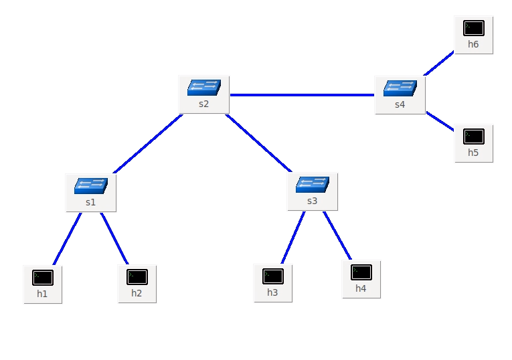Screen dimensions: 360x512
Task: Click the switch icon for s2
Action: pyautogui.click(x=204, y=87)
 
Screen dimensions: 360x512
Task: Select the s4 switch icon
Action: pyautogui.click(x=400, y=88)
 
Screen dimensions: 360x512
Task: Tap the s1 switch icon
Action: pyautogui.click(x=91, y=185)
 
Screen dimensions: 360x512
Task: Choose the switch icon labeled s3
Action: pyautogui.click(x=313, y=184)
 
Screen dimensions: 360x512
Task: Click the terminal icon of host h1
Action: pyautogui.click(x=43, y=277)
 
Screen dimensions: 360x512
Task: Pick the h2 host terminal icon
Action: pyautogui.click(x=137, y=277)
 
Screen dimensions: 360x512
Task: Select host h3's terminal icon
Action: pyautogui.click(x=272, y=276)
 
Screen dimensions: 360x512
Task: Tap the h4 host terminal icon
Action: pyautogui.click(x=361, y=272)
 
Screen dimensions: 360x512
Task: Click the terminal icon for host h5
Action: pyautogui.click(x=474, y=137)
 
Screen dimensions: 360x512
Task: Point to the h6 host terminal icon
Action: pyautogui.click(x=474, y=28)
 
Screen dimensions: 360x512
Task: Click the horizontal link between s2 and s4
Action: pyautogui.click(x=301, y=95)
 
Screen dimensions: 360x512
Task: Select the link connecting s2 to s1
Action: pyautogui.click(x=148, y=144)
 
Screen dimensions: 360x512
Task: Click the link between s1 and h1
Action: pyautogui.click(x=67, y=239)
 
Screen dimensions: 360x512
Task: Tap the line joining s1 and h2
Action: pyautogui.click(x=114, y=239)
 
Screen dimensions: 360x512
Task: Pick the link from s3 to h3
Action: pyautogui.click(x=293, y=238)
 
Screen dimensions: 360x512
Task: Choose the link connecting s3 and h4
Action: pyautogui.click(x=337, y=236)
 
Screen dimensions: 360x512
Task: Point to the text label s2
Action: pyautogui.click(x=204, y=104)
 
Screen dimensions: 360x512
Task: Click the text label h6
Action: pyautogui.click(x=474, y=45)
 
